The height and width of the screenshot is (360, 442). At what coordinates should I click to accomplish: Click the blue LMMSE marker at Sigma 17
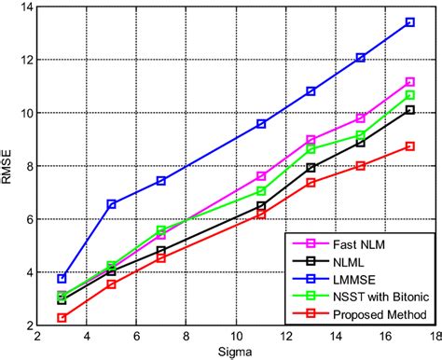click(x=409, y=22)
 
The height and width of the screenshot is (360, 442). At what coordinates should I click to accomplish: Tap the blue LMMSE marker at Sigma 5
click(x=112, y=204)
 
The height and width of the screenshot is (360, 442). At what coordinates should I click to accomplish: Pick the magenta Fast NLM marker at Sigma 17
click(x=409, y=82)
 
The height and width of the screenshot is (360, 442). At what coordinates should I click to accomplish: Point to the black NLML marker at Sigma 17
click(x=409, y=110)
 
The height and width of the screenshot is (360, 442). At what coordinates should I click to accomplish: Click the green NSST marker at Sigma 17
click(x=409, y=95)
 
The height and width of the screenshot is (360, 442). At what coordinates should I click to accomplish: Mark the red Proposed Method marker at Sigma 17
click(x=409, y=146)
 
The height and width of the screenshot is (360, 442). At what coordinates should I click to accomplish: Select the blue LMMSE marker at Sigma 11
click(x=261, y=124)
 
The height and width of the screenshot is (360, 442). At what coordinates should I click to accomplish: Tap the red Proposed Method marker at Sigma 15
click(x=360, y=166)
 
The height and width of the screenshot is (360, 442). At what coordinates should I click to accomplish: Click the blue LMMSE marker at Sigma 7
click(x=161, y=181)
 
